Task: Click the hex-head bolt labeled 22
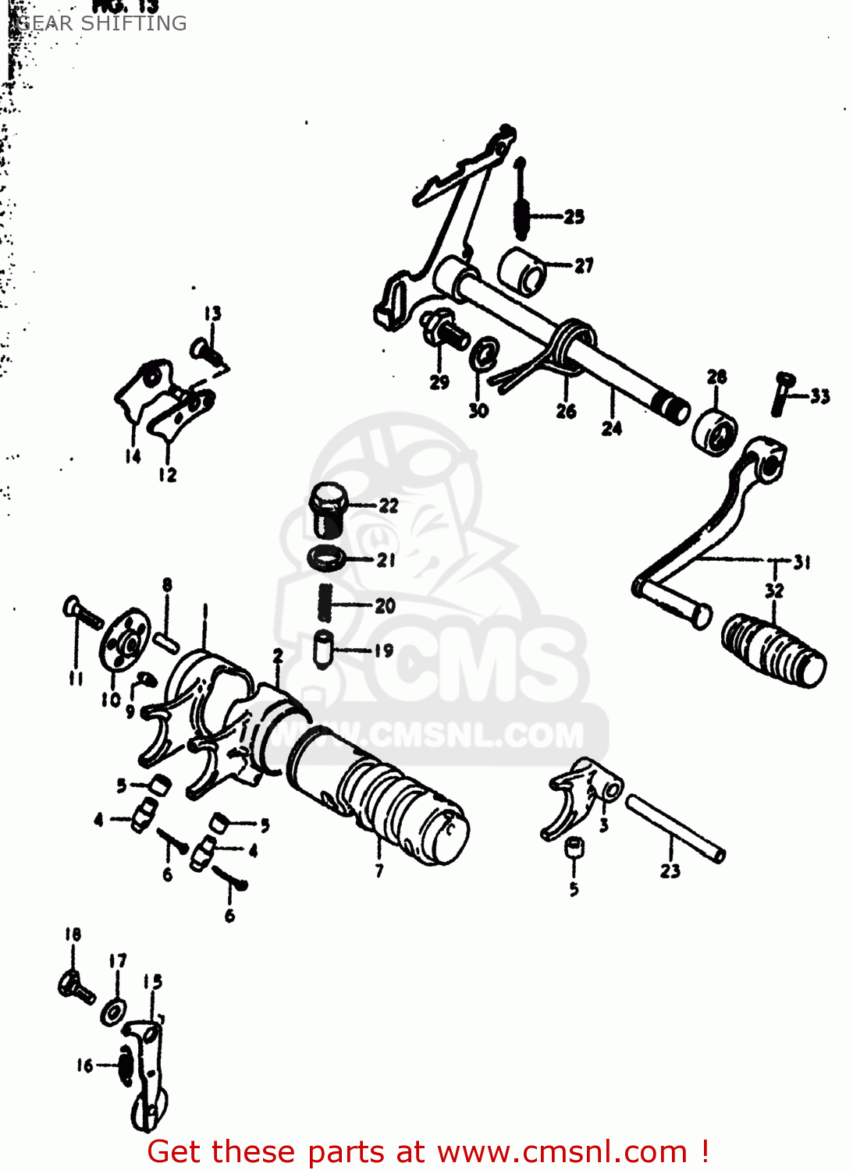[x=328, y=509]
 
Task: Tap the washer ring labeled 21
[x=327, y=558]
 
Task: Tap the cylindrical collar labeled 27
[x=522, y=271]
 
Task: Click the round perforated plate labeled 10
[x=125, y=640]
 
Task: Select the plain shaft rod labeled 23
[x=674, y=828]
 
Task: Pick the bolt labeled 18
[x=76, y=987]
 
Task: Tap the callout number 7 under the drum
[x=379, y=870]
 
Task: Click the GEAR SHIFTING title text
[x=101, y=23]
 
